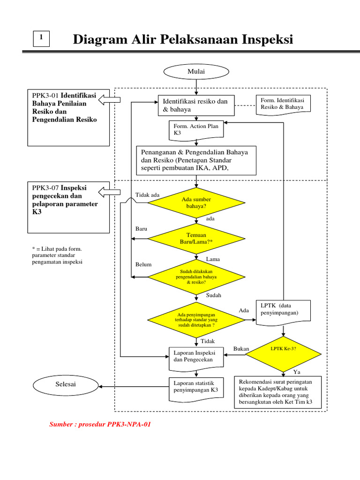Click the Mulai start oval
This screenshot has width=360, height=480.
click(x=196, y=71)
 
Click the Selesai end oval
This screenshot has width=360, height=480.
click(x=65, y=384)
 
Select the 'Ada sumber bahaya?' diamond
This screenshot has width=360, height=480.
click(x=196, y=202)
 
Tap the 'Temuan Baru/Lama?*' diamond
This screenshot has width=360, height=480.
click(x=196, y=238)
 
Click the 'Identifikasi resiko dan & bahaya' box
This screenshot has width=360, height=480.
click(x=196, y=105)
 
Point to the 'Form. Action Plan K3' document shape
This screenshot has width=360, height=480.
click(x=196, y=129)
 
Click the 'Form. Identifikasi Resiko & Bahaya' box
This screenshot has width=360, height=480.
click(x=283, y=104)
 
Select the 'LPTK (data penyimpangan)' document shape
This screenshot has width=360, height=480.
click(x=283, y=310)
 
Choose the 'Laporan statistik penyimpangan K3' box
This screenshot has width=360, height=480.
click(x=196, y=387)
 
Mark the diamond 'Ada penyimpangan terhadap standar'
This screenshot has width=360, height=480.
click(x=196, y=320)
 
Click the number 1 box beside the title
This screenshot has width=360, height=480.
click(x=42, y=38)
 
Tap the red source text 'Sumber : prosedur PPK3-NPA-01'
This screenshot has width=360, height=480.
click(x=100, y=425)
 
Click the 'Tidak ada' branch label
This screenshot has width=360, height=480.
click(x=147, y=195)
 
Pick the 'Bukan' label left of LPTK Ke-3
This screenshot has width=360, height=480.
click(x=241, y=349)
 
